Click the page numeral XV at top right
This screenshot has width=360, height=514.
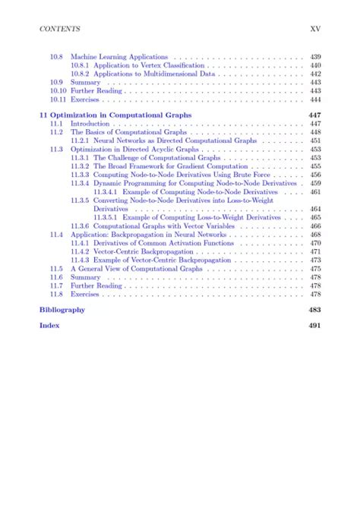(x=317, y=29)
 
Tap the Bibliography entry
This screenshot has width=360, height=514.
(x=62, y=310)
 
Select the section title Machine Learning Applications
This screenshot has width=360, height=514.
(x=119, y=57)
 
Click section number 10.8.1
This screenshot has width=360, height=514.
(x=81, y=65)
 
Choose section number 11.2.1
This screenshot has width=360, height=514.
(x=81, y=140)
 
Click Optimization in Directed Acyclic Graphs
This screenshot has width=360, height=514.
(x=134, y=150)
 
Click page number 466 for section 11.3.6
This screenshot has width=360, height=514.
(x=315, y=226)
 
